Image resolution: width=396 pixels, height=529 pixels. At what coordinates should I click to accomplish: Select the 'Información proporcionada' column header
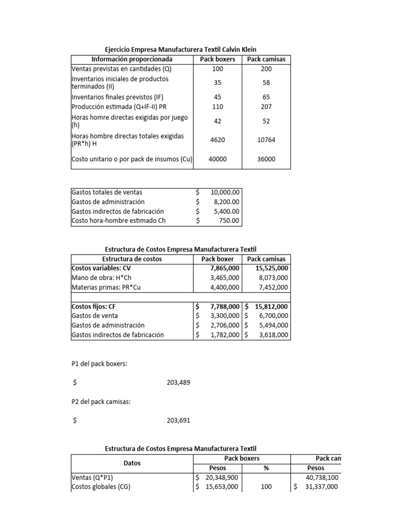tap(131, 59)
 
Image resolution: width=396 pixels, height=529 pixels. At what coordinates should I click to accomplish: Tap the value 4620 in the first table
tap(218, 140)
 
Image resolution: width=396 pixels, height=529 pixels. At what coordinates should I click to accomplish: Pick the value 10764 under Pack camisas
tap(266, 140)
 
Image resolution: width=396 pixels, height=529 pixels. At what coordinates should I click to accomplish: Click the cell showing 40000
tap(218, 160)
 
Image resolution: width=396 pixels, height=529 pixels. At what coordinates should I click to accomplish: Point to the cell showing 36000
tap(266, 160)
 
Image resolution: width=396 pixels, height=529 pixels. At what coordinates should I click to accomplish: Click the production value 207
tap(266, 106)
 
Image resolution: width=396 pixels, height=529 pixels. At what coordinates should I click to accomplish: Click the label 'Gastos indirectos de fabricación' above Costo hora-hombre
tap(118, 211)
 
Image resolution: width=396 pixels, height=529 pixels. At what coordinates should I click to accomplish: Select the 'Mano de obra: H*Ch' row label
tap(101, 278)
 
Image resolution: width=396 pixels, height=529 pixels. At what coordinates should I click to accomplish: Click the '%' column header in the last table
tap(266, 468)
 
